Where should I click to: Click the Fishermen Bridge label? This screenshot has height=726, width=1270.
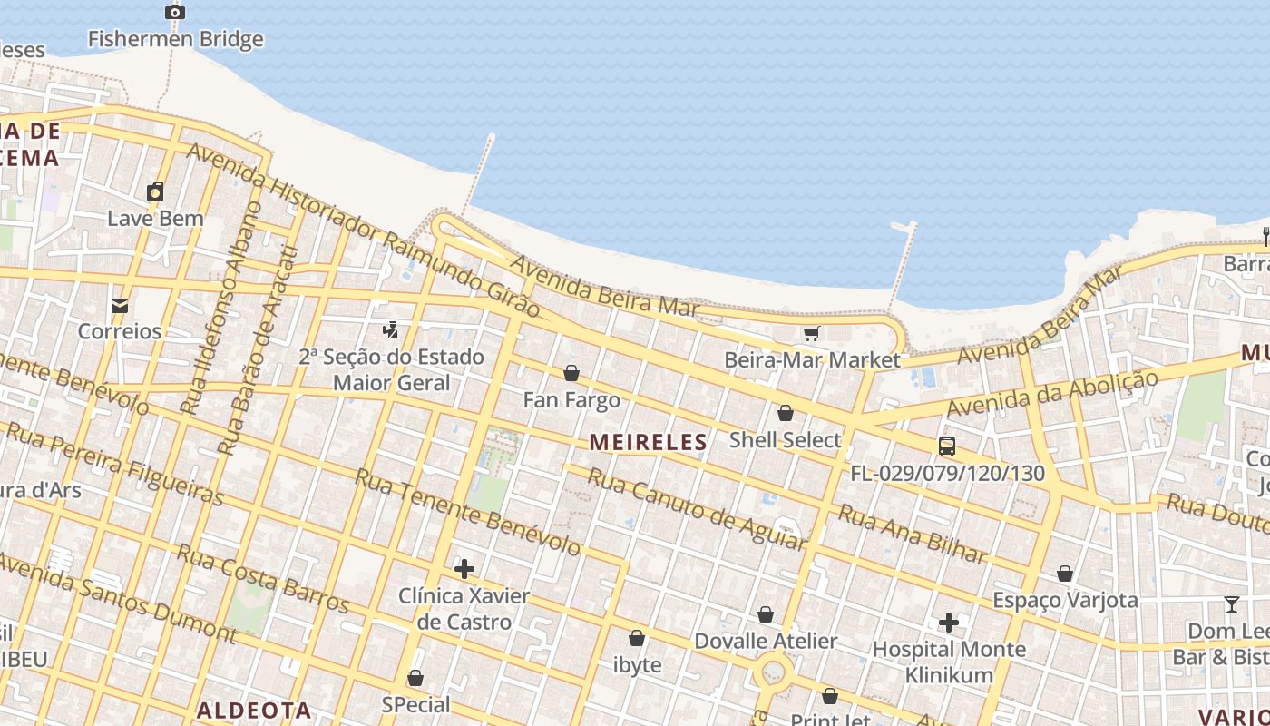[175, 39]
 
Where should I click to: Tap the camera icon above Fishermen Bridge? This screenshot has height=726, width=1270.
[175, 12]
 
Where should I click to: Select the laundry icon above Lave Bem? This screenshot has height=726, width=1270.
[155, 191]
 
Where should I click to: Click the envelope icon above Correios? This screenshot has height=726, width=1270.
[120, 305]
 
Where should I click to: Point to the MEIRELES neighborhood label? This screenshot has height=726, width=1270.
[648, 442]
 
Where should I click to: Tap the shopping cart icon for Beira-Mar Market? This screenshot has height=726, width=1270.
[811, 334]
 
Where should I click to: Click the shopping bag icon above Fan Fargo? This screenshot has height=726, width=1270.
[571, 373]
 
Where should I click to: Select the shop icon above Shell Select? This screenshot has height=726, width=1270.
[786, 413]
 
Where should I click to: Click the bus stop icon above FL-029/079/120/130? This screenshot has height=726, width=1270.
[947, 446]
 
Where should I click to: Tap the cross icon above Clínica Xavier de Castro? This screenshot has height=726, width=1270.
[464, 569]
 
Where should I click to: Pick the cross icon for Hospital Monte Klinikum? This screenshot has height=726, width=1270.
[949, 623]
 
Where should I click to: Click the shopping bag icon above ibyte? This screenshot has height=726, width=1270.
[637, 638]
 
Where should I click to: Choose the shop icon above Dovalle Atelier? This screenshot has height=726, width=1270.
[766, 614]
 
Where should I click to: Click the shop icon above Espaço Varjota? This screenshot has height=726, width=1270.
[1065, 574]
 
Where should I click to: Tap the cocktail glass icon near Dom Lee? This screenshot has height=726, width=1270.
[1231, 604]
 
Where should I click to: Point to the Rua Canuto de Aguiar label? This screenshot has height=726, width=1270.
[697, 509]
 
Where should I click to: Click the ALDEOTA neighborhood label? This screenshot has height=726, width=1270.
[254, 710]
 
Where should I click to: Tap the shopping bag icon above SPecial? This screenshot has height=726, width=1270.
[415, 678]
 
